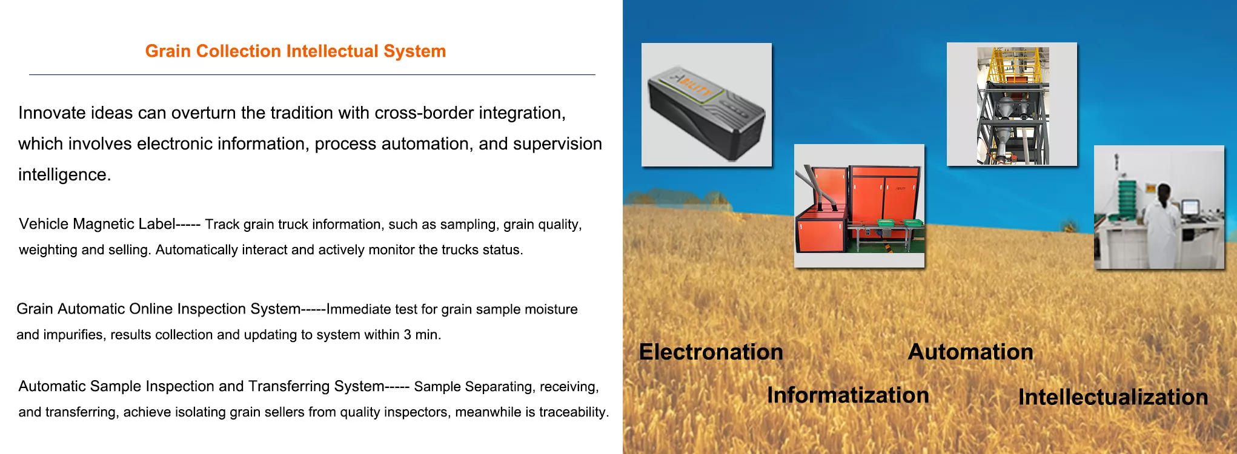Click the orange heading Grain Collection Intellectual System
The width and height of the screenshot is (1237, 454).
point(296,51)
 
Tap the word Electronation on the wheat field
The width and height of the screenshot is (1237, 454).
point(711,352)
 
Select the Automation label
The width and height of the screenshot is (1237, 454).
point(970,352)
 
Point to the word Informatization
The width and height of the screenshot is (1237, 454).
point(848,395)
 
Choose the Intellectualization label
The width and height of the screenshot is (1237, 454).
point(1113,397)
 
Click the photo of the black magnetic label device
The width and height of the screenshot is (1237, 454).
point(706,105)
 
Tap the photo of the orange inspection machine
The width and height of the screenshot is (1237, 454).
point(859,206)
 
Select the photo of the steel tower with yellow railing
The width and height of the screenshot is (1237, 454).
point(1012,104)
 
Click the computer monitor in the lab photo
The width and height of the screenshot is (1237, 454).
point(1190,207)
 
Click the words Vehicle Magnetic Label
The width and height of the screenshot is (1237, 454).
point(97,224)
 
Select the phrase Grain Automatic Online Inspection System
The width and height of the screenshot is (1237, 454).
point(159,309)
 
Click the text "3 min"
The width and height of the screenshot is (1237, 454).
point(422,335)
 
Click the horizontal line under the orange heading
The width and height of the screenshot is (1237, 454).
point(312,74)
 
